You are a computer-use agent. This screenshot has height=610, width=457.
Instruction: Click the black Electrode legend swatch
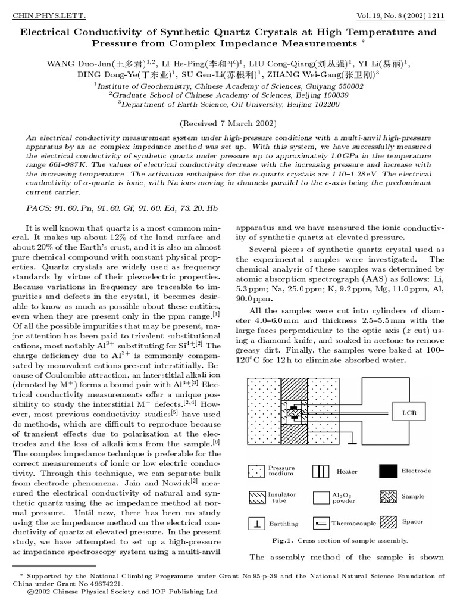387,471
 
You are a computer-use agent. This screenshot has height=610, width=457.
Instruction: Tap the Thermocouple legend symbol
321,523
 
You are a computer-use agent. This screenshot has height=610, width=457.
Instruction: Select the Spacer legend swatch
387,522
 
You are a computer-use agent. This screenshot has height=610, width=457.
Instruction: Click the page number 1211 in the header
436,12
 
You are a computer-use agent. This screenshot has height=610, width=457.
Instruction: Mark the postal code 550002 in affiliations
348,85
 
